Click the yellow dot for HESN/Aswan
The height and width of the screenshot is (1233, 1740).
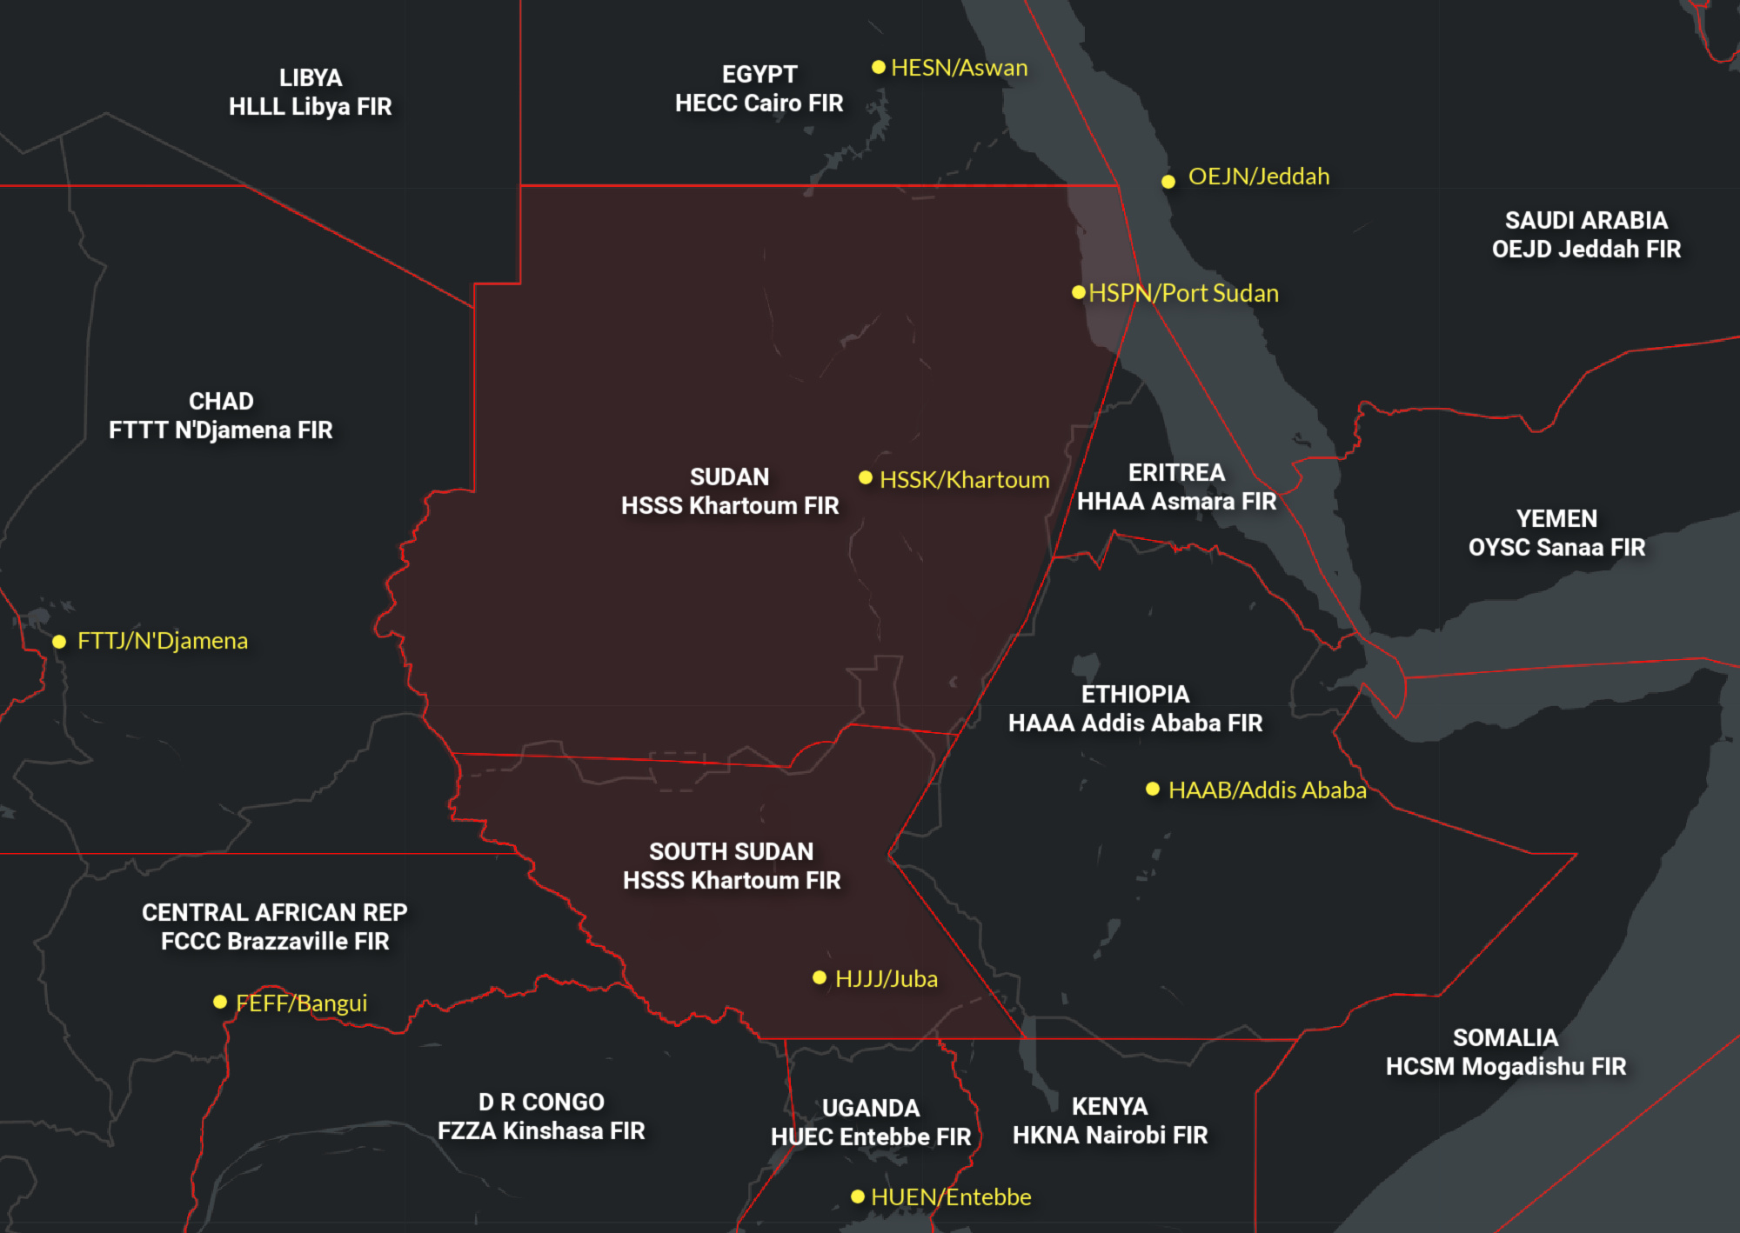pos(879,67)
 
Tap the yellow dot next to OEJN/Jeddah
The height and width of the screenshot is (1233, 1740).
pos(1168,181)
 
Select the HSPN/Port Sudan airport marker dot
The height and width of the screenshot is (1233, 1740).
pos(1079,293)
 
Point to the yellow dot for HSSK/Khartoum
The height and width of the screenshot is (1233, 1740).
pos(866,477)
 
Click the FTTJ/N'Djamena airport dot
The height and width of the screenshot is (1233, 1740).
pos(59,642)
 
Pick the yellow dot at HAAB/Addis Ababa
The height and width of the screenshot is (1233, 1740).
pos(1153,789)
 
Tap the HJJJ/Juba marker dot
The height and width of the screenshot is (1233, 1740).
pos(819,977)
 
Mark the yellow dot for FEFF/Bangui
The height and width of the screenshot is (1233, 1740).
pos(220,1002)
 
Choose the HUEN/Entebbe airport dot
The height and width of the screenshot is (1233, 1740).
pos(858,1196)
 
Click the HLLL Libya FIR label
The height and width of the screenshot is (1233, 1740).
pos(310,107)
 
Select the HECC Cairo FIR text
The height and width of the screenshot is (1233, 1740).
pos(759,103)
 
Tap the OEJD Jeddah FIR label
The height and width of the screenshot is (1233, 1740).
pos(1586,250)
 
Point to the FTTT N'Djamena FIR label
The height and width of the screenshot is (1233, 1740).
pos(220,430)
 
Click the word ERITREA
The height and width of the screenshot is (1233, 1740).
pos(1176,473)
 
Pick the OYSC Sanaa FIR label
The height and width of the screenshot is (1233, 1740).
pos(1556,548)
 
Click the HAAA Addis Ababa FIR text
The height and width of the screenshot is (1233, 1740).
pos(1134,723)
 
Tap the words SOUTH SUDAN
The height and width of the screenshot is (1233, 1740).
pos(731,852)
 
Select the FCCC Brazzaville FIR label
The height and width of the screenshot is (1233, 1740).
pos(275,942)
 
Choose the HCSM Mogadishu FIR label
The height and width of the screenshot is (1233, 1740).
pos(1505,1067)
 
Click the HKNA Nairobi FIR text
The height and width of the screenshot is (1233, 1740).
pos(1110,1136)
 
